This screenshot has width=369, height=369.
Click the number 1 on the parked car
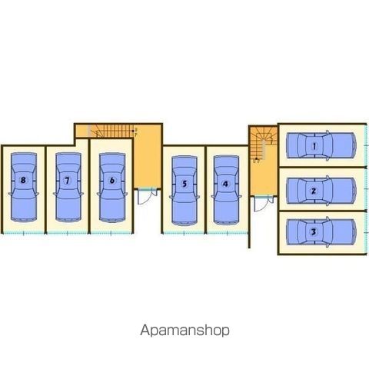pos(314,146)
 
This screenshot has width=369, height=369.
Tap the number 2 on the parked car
pos(313,191)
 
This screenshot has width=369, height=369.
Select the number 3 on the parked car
pos(313,232)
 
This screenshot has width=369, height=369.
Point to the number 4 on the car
pos(225,184)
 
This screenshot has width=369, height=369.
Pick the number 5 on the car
pos(184,184)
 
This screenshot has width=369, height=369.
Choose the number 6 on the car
pos(112,181)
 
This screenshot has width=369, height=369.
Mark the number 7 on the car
pos(67,181)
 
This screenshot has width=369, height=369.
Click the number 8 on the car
pos(23,180)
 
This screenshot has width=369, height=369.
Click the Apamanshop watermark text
pos(184,331)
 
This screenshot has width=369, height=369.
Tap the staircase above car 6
pos(112,131)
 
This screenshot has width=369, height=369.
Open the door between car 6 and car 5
pos(147,196)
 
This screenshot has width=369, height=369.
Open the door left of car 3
pos(263,204)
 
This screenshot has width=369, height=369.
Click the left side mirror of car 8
pos(11,194)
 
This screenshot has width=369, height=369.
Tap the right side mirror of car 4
pos(240,197)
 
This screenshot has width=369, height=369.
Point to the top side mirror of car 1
pos(327,132)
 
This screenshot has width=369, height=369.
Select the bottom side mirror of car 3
pos(327,246)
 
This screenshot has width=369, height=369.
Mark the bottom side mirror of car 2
pos(327,204)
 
